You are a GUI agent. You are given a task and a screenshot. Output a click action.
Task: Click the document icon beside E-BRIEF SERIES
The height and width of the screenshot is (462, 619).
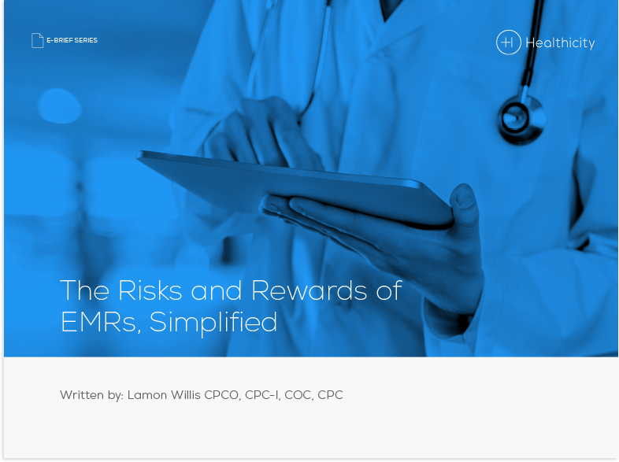(37, 40)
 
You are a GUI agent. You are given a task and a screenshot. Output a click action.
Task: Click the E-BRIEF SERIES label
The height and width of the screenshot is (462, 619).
(72, 40)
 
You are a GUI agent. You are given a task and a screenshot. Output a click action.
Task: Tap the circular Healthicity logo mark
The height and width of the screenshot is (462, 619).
(509, 42)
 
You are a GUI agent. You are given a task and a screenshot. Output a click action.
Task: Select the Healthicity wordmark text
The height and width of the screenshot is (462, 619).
(560, 43)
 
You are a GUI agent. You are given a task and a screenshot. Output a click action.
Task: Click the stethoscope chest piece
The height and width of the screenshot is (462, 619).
(521, 116)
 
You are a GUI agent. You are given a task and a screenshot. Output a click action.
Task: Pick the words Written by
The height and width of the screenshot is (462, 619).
(91, 395)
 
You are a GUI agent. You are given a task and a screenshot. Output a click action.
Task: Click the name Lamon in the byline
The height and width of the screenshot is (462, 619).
(148, 395)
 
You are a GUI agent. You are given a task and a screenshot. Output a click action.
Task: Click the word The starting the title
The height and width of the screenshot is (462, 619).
(85, 290)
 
